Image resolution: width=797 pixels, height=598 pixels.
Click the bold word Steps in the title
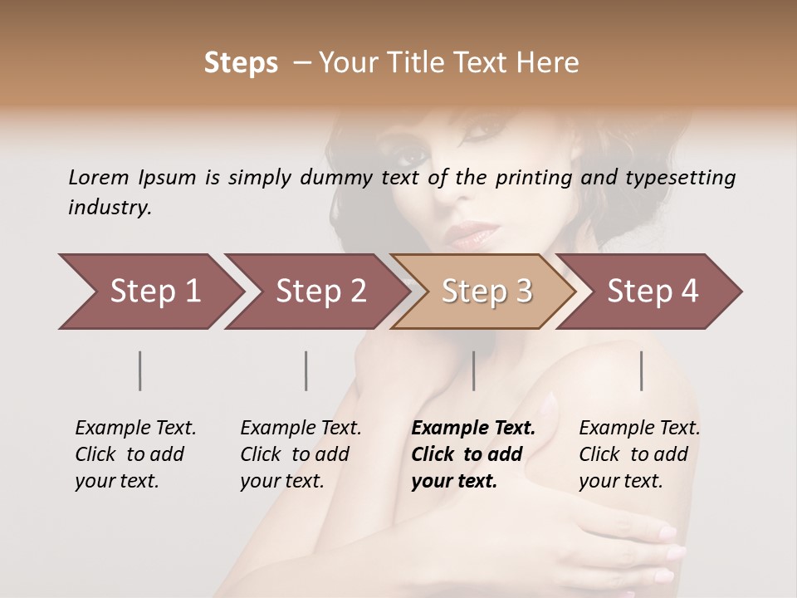pos(241,63)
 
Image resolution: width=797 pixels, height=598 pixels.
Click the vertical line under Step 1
pos(140,370)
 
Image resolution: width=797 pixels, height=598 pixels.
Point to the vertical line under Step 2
pos(306,370)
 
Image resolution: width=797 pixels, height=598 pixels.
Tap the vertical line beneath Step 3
pos(473,370)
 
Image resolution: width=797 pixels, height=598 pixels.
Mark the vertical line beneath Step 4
pos(641,370)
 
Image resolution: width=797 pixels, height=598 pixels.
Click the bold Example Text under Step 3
pos(473,429)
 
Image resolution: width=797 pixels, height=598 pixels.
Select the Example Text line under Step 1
pos(135,429)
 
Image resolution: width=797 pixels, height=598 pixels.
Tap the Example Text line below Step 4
pos(639,429)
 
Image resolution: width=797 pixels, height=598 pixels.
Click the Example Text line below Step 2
pos(301,429)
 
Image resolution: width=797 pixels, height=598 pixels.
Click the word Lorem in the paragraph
pos(99,178)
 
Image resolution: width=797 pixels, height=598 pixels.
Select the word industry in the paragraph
pos(110,208)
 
